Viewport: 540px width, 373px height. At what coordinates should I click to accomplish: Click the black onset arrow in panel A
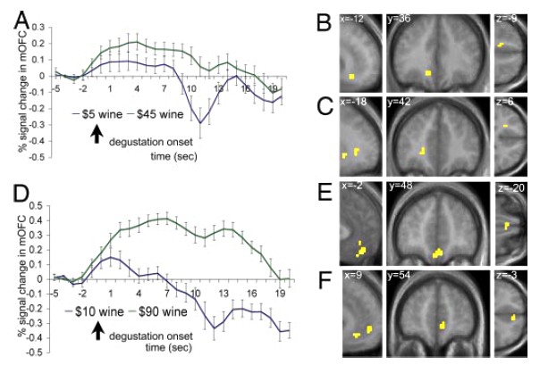[x=97, y=135]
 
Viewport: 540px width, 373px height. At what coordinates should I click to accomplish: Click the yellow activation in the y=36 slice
[x=430, y=72]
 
